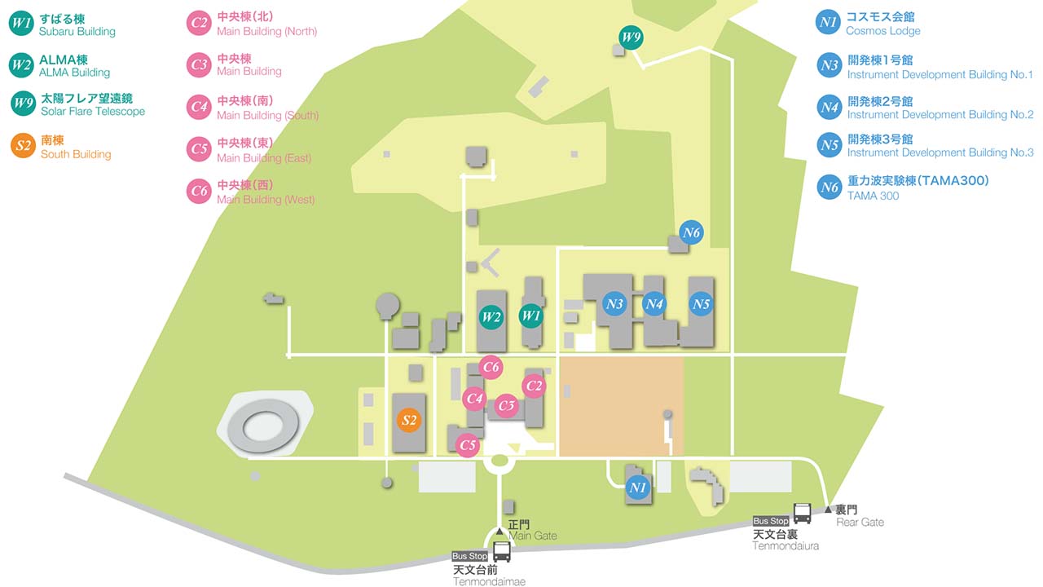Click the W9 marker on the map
coord(631,38)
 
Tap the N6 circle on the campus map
coord(691,232)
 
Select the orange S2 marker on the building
coord(409,420)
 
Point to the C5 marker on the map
coord(468,445)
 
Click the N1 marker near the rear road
coord(637,488)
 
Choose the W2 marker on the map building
coord(491,317)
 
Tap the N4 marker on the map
coord(654,304)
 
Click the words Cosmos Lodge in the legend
coord(882,31)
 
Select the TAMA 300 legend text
coord(873,196)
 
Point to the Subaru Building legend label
coord(77,32)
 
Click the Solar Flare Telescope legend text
coord(93,112)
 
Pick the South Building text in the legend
coord(76,154)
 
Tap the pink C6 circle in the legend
coord(199,191)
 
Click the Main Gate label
coord(533,536)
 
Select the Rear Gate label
coord(860,523)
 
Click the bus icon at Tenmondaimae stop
coord(501,552)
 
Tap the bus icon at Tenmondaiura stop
coord(802,514)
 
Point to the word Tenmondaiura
coord(786,546)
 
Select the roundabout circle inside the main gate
coord(499,461)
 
